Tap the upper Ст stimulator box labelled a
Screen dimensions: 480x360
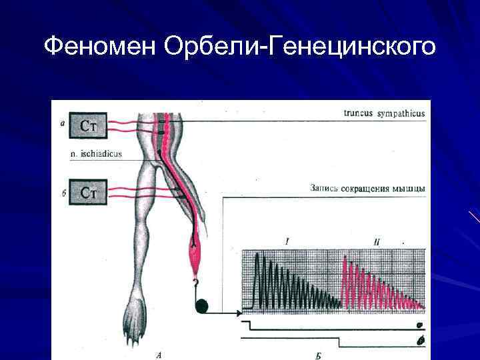click(x=89, y=125)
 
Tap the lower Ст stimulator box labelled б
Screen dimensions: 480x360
click(x=89, y=193)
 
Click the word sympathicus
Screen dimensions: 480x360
click(x=401, y=114)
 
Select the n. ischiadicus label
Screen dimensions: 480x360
click(x=97, y=154)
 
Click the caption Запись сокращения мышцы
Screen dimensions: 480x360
click(x=367, y=189)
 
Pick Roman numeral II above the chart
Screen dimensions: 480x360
click(x=377, y=241)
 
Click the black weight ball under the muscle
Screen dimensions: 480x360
click(x=202, y=306)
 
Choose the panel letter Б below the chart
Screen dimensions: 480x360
click(x=318, y=355)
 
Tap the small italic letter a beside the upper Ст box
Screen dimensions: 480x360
click(x=62, y=122)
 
